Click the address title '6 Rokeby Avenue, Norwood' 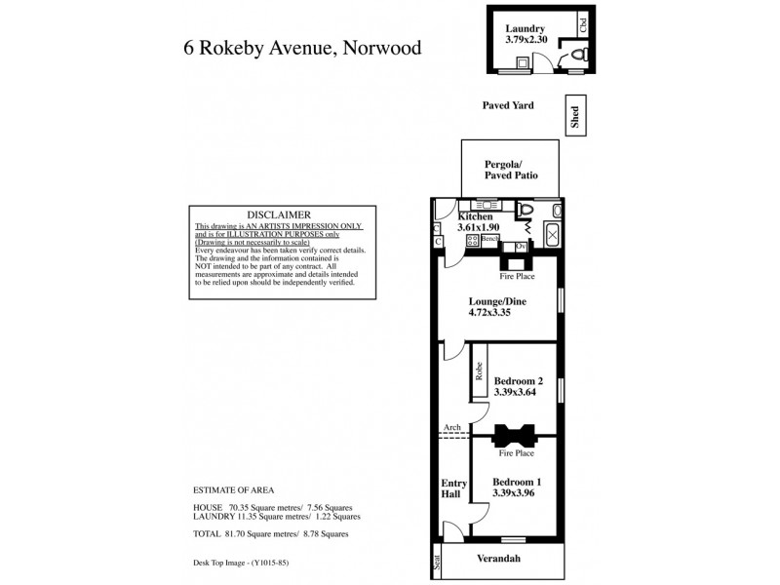[x=303, y=48]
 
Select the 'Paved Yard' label [x=509, y=105]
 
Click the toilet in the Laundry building [x=576, y=58]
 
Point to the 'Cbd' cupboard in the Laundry [x=582, y=24]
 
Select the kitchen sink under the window [x=486, y=206]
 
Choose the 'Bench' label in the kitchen [x=489, y=239]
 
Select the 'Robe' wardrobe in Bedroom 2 [x=480, y=370]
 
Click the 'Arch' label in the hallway [x=451, y=427]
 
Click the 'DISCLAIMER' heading [x=279, y=214]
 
